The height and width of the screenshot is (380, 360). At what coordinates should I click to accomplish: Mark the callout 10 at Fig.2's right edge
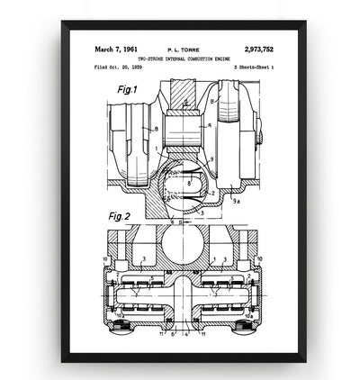(264, 260)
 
